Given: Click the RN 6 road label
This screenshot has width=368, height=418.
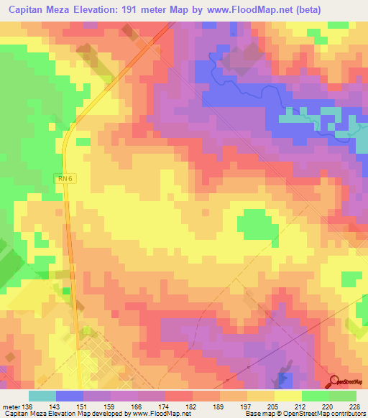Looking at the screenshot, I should [65, 179].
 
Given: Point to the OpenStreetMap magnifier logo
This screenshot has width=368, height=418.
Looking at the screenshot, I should [333, 383].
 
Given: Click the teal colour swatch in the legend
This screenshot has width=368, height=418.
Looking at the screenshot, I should [42, 396].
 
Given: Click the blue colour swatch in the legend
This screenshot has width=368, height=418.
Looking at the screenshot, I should [69, 396].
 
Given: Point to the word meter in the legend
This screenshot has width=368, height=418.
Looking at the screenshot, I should [11, 407].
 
